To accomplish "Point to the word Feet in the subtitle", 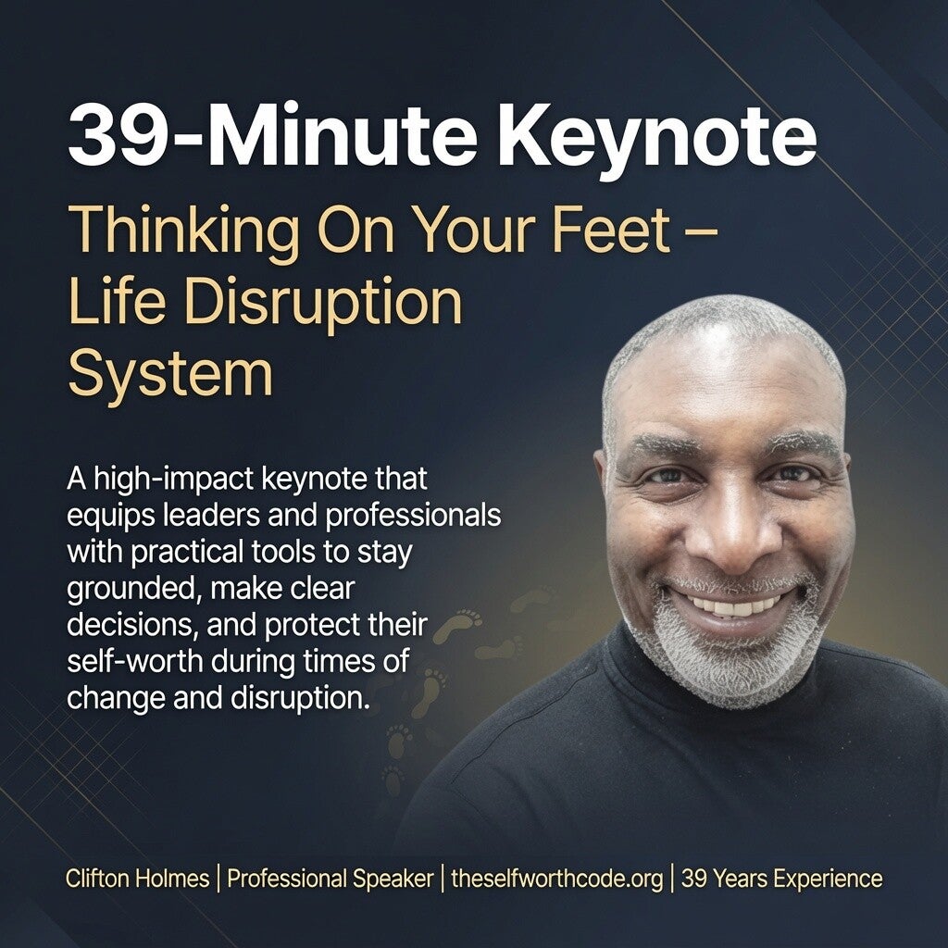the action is click(x=611, y=231).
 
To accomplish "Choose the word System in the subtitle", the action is click(x=170, y=375).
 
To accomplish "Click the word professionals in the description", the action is click(x=413, y=515).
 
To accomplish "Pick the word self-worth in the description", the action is click(x=134, y=661).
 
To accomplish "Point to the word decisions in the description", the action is click(x=132, y=626).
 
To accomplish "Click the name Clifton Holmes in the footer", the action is click(x=137, y=879).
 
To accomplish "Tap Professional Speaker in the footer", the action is click(x=331, y=879).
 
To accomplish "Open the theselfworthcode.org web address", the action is click(x=556, y=879).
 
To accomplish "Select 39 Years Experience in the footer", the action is click(x=781, y=879).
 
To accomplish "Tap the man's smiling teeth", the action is click(x=734, y=605).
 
